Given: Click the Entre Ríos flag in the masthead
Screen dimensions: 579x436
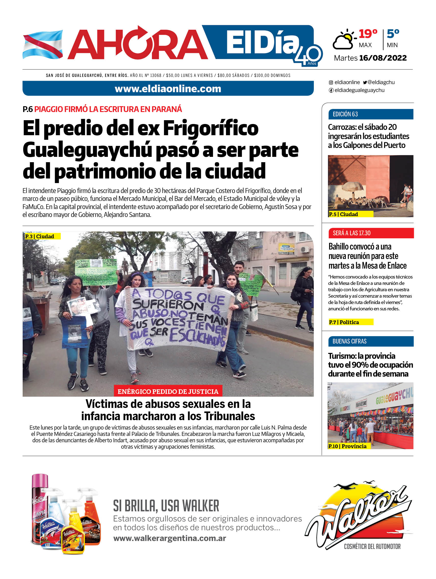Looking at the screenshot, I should click(x=43, y=44).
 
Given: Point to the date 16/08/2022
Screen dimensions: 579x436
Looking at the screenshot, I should click(x=383, y=58).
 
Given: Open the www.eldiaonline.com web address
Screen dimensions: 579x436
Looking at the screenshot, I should click(x=168, y=89).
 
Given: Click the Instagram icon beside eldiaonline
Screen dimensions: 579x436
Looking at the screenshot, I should click(x=331, y=82).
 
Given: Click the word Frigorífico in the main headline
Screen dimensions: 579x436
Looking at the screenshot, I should click(x=211, y=128).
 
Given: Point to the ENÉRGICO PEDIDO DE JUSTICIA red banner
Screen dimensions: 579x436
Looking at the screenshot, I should click(x=168, y=391).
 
